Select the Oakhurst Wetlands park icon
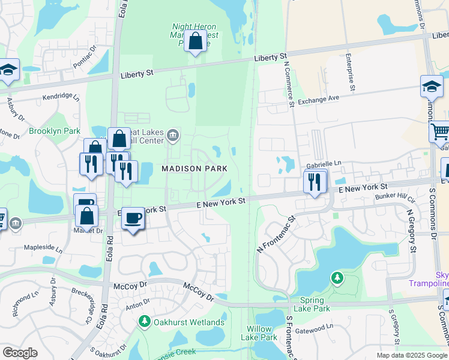(x=144, y=322)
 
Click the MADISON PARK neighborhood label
(x=194, y=169)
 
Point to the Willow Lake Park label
(x=262, y=333)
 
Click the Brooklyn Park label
(x=54, y=131)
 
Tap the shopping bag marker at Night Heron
(x=196, y=42)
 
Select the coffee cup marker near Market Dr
(x=133, y=218)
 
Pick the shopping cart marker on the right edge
(x=441, y=131)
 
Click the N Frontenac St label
(x=275, y=235)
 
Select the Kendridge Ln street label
(x=61, y=96)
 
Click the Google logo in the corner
(x=20, y=353)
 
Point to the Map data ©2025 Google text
(x=412, y=355)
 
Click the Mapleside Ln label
(x=43, y=247)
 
